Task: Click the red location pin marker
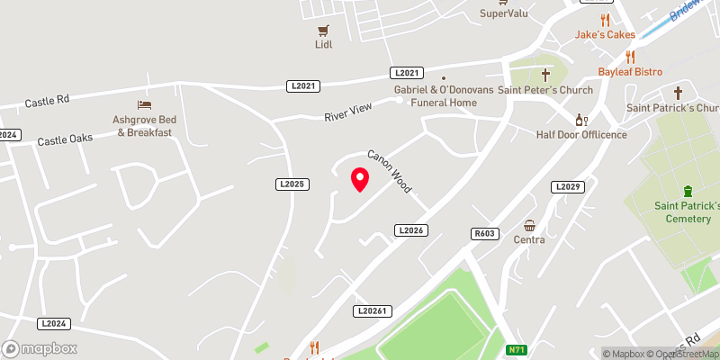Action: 360,179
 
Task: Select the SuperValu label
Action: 505,13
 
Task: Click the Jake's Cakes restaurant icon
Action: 606,20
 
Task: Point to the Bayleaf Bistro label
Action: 630,71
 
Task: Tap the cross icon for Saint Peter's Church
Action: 544,74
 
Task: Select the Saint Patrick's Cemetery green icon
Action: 688,191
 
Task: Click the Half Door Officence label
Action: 580,135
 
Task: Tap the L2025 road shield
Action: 292,184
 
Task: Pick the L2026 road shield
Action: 409,230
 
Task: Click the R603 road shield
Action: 484,233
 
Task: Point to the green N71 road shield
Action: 516,349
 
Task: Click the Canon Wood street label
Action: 389,171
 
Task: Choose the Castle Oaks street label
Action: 65,140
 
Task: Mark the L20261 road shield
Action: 371,310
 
